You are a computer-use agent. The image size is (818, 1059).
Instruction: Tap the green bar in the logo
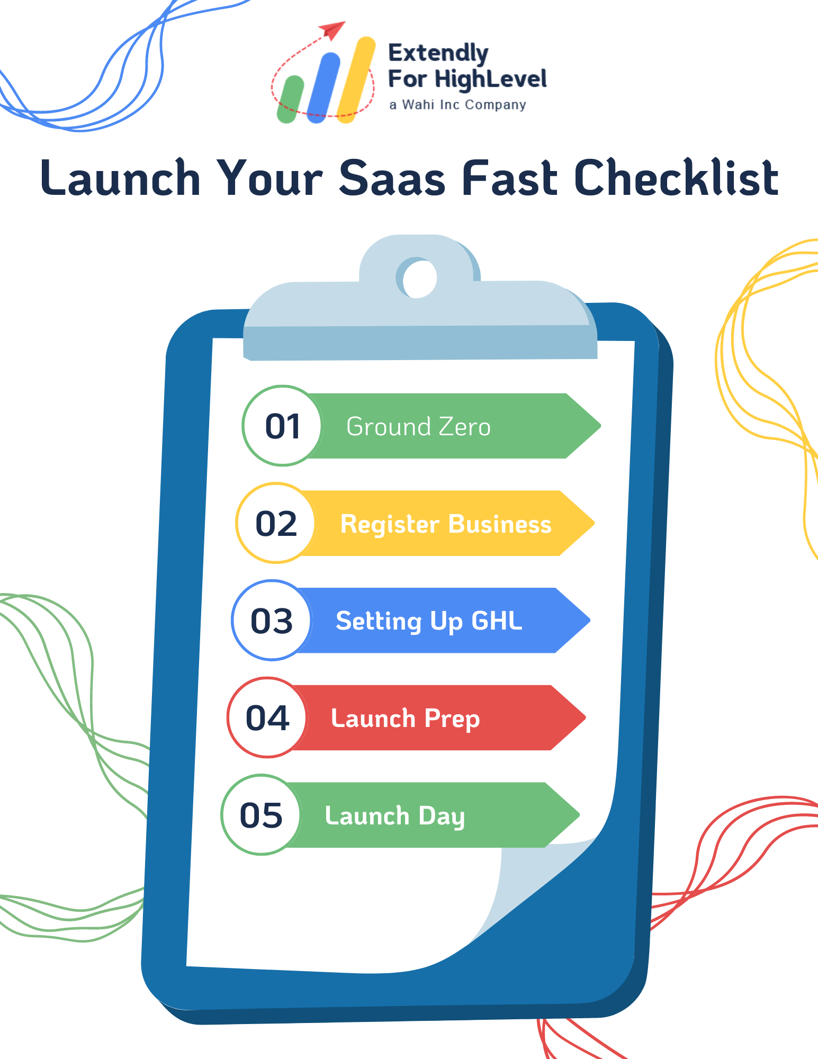point(290,100)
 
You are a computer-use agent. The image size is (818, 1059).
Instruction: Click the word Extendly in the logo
point(438,53)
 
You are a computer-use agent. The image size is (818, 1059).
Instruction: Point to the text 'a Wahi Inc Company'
point(457,105)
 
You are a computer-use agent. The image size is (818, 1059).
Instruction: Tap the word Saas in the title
point(392,178)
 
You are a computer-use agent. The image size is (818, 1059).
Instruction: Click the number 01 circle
point(282,426)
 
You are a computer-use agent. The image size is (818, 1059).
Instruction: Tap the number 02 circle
point(276,523)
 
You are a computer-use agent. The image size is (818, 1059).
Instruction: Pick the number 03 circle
point(271,621)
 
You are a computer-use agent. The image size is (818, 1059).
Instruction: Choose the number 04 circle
point(267,718)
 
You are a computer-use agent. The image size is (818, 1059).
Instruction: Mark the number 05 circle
point(261,815)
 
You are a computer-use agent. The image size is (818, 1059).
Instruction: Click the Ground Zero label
point(418,427)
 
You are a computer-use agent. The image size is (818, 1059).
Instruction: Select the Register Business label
point(446,524)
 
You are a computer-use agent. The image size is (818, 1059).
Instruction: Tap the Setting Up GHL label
point(429,621)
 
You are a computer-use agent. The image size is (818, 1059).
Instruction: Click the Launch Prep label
point(405,719)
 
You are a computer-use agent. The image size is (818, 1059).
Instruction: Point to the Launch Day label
point(394,816)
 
